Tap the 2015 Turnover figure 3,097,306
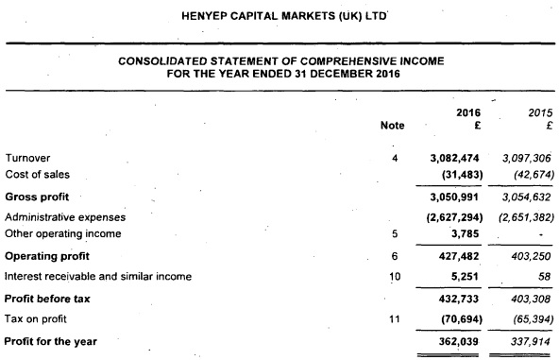click(519, 157)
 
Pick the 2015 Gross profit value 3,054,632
click(519, 197)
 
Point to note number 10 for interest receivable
click(395, 276)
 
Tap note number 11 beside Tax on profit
click(395, 317)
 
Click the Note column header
click(392, 125)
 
